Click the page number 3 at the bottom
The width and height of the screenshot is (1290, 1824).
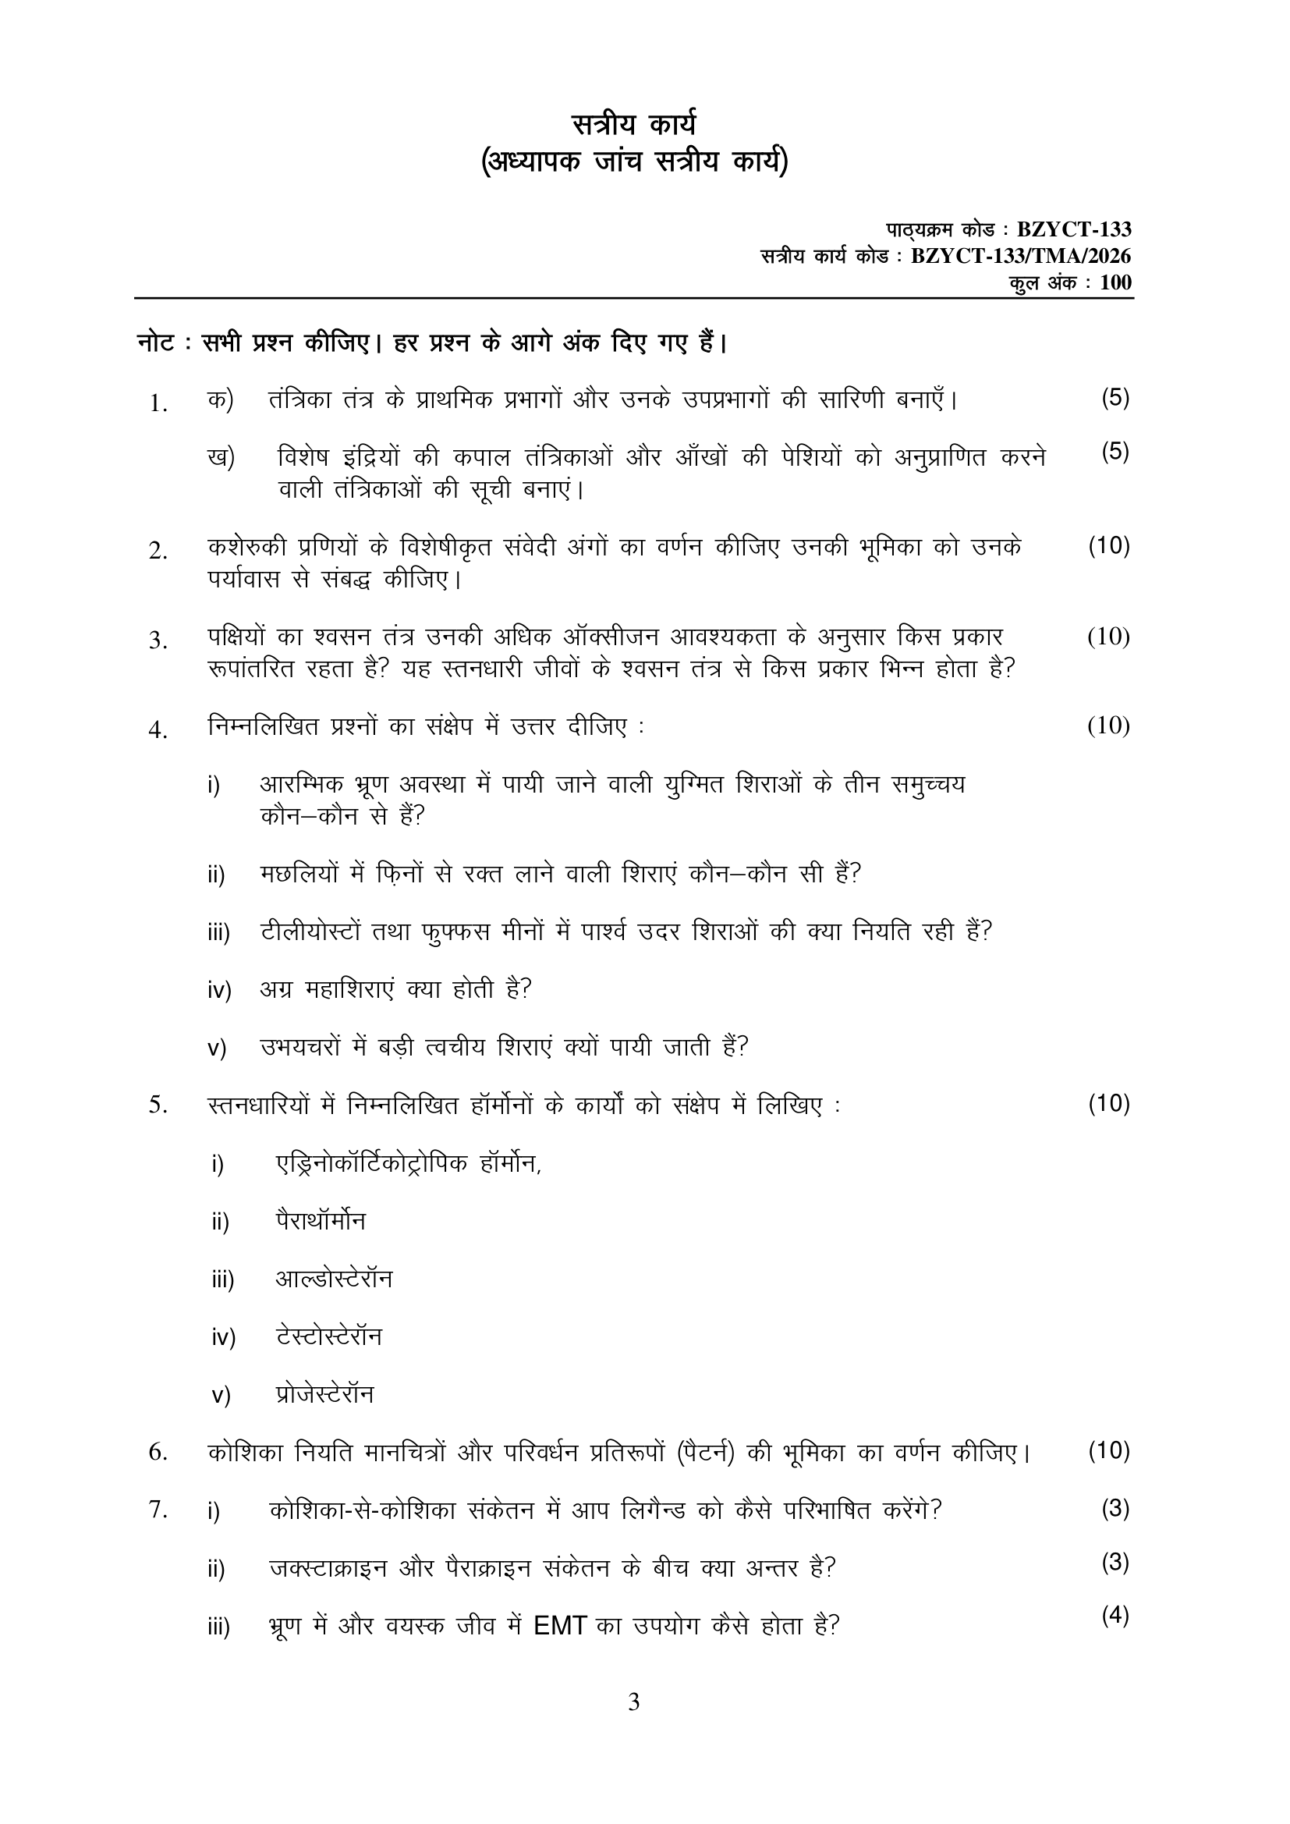(633, 1702)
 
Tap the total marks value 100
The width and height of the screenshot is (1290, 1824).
(1116, 283)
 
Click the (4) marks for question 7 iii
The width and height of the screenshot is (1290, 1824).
(1115, 1616)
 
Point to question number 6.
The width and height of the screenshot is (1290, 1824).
(158, 1452)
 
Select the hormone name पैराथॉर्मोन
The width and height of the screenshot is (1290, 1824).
(320, 1221)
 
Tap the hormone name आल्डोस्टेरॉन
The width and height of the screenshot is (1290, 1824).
(334, 1279)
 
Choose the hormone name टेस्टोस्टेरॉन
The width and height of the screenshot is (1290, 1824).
(328, 1336)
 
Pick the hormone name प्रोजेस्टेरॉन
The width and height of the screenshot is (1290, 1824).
(324, 1394)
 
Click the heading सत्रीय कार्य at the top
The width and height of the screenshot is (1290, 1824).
(634, 126)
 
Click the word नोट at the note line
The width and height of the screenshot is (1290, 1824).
(153, 343)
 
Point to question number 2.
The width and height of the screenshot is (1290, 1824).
(158, 551)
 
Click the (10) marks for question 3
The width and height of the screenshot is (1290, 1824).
(1109, 637)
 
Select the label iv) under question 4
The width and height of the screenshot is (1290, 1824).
(219, 991)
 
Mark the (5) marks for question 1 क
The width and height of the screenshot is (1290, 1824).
(1115, 398)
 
